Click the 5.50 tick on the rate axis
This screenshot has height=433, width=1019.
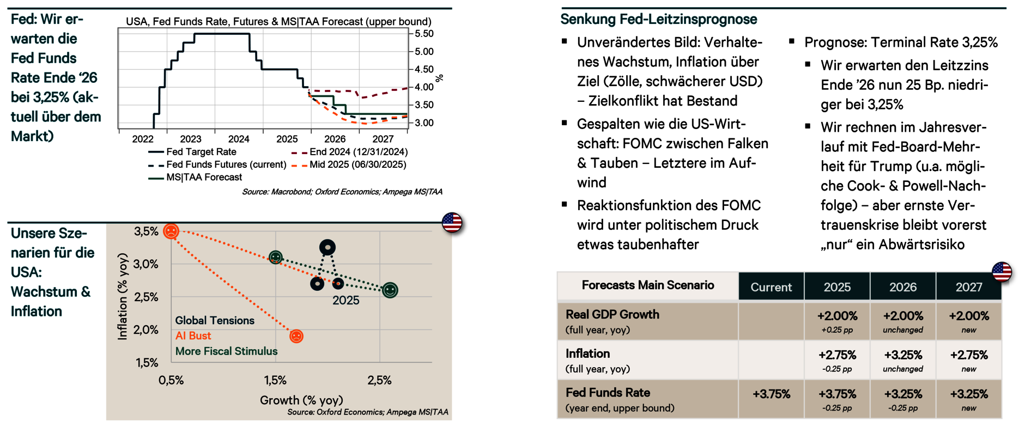click(x=424, y=34)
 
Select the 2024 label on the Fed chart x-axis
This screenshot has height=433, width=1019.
click(x=239, y=139)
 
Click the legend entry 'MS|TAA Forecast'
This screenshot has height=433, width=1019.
click(x=204, y=178)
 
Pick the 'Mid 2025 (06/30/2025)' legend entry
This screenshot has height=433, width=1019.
click(x=357, y=164)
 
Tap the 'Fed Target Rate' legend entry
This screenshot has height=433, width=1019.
click(x=201, y=152)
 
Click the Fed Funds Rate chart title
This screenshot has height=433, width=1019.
click(x=278, y=22)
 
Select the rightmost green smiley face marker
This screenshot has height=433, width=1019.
click(x=390, y=290)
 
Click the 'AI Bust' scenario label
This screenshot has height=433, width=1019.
click(x=193, y=336)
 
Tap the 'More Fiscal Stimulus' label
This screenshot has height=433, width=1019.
click(x=226, y=351)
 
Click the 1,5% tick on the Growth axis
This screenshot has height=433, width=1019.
click(x=275, y=380)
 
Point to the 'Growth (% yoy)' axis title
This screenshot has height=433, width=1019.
click(x=301, y=400)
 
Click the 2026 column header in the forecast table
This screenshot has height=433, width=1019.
click(x=903, y=287)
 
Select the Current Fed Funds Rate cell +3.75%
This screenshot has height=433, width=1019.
click(x=771, y=394)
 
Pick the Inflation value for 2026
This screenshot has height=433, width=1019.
click(x=903, y=355)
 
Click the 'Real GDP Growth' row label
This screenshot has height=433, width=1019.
click(x=612, y=315)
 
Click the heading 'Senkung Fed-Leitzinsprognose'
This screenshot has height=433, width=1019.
click(x=659, y=20)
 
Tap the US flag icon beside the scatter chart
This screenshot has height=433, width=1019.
click(x=452, y=222)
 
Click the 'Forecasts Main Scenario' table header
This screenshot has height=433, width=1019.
click(x=648, y=285)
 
